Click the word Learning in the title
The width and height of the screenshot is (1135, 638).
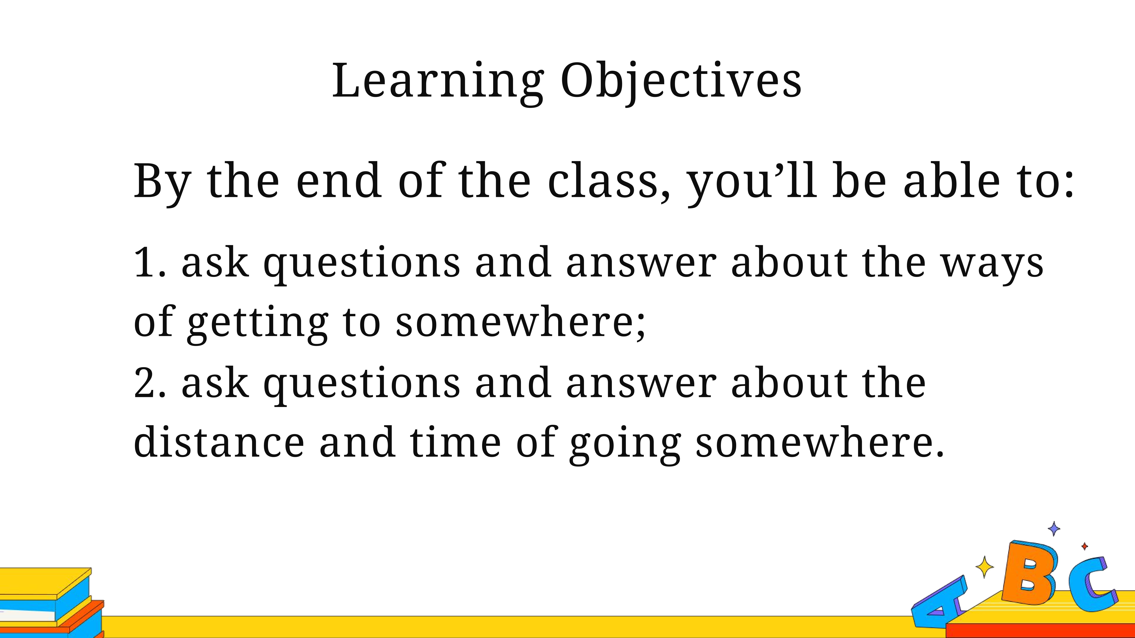point(438,83)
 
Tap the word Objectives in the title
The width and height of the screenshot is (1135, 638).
point(681,83)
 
